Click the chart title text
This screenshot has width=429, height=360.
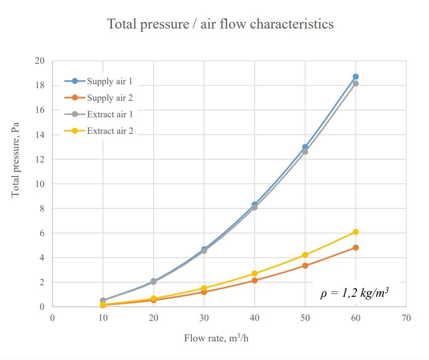[x=220, y=24]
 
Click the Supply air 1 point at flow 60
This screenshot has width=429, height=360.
[x=356, y=77]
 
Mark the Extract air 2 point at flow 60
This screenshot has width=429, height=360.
[x=356, y=232]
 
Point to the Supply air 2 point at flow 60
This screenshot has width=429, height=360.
[x=356, y=248]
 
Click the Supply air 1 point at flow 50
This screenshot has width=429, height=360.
[x=305, y=147]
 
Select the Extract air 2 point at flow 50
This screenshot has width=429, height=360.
[x=305, y=255]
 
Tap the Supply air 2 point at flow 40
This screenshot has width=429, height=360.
[x=254, y=280]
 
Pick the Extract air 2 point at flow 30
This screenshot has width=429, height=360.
[x=204, y=288]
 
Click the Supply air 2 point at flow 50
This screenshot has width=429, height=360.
[x=305, y=266]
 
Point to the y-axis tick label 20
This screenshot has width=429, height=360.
[x=40, y=61]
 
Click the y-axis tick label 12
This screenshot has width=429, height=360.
[x=40, y=159]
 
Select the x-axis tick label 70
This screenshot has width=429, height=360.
[x=406, y=318]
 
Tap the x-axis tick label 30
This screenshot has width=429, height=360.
[x=204, y=318]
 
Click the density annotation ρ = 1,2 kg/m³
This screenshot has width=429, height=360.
[x=355, y=293]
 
